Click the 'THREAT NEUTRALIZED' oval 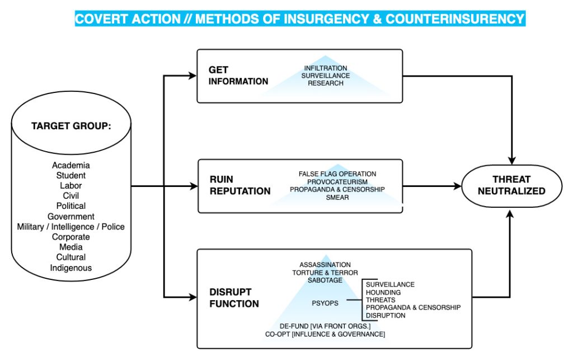pos(511,185)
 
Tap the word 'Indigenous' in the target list pos(71,268)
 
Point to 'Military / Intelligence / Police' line pos(71,226)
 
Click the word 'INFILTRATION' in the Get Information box pos(325,68)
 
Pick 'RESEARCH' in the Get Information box pos(325,83)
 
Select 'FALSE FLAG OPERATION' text pos(337,174)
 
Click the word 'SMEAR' pos(337,198)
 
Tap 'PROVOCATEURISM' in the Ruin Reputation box pos(337,182)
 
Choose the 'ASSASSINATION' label pos(325,264)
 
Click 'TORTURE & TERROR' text pos(325,272)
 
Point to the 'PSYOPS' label pos(325,303)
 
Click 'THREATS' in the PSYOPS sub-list pos(381,300)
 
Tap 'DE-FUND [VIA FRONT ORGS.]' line pos(325,326)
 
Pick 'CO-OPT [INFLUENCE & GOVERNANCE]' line pos(325,334)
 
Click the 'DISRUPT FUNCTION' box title pos(233,298)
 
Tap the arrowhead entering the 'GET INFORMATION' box pos(192,76)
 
